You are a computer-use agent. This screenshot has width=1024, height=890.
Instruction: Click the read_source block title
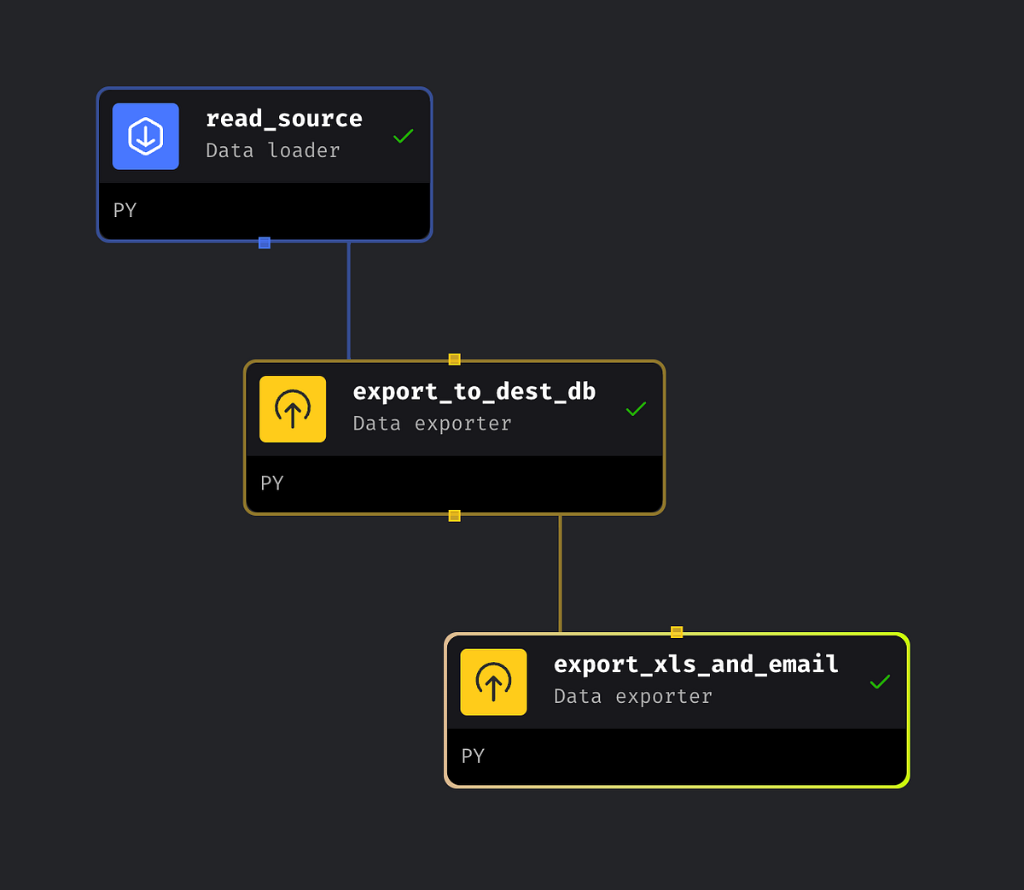pos(284,119)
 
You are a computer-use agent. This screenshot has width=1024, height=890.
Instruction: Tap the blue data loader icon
pos(146,137)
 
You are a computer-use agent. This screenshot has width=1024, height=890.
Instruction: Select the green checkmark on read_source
pos(403,136)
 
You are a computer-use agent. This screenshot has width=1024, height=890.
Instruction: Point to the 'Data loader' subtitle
pos(273,150)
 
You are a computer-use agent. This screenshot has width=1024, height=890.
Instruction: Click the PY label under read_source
pos(125,210)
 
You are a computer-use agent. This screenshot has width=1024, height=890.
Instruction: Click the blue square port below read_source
pos(265,243)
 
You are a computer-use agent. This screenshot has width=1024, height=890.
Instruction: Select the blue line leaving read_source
pos(349,299)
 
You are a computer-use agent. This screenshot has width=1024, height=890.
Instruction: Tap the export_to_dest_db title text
pos(474,391)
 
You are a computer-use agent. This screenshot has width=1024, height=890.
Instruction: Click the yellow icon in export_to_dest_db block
pos(293,409)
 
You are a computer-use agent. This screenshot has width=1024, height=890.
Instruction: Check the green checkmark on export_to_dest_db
pos(636,409)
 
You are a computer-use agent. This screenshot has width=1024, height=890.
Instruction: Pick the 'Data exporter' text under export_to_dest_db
pos(432,424)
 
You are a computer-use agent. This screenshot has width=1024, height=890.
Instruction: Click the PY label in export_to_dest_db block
pos(271,483)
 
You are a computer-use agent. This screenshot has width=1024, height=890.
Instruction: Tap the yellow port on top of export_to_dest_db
pos(455,360)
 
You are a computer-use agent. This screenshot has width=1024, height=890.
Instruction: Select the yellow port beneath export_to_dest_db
pos(455,516)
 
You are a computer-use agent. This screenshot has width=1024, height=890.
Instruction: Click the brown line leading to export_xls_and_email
pos(561,572)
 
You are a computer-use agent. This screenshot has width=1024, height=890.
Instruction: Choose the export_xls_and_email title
pos(695,664)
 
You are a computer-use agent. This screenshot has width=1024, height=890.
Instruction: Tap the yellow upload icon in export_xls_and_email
pos(493,682)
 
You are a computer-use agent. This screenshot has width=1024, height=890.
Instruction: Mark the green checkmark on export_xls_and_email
pos(880,682)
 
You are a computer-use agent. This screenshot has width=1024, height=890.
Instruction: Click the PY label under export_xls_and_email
pos(473,756)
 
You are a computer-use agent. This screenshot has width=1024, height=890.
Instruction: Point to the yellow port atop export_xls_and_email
pos(677,632)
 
